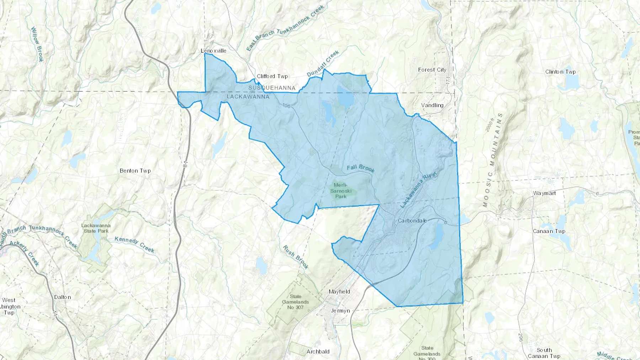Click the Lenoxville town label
coord(213,51)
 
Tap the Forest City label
coord(432,70)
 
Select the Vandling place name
coord(432,105)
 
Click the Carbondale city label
coord(412,221)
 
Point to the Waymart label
coord(544,193)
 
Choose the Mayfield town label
coord(339,292)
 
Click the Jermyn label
coord(340,311)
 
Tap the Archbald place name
coord(318,351)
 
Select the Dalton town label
coord(63,297)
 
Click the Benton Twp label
coord(135,171)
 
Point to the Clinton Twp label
coord(560,72)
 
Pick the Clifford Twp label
coord(272,76)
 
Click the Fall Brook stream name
coord(361,168)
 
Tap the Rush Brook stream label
coord(295,257)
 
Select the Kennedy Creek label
coord(134,245)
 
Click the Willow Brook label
coord(37,44)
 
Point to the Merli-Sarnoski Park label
coord(340,190)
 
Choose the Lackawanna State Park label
coord(96,228)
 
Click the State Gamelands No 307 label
coord(295,302)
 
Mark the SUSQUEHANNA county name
coord(272,88)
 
